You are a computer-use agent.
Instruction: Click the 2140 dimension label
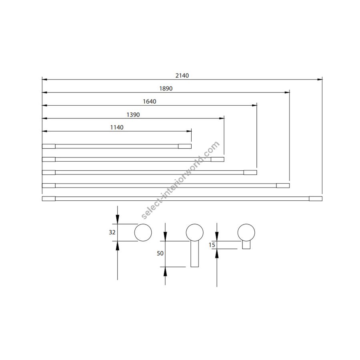pos(182,76)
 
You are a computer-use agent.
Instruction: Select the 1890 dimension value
pos(166,88)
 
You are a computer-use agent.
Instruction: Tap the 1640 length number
pos(150,102)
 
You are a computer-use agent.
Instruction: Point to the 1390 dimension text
pos(133,114)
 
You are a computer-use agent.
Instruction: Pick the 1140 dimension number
pos(117,128)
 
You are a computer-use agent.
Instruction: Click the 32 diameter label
pos(112,232)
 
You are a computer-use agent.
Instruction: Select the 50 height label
pos(160,253)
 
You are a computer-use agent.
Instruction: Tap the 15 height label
pos(212,245)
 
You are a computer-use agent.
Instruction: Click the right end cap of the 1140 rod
pos(185,146)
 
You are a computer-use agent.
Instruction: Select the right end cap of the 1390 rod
pos(218,159)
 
